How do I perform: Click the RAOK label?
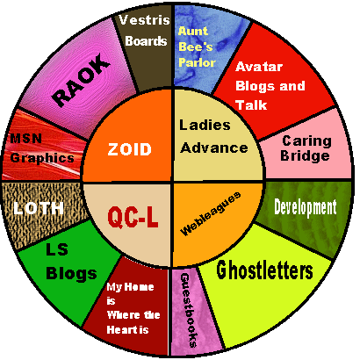pos(81,80)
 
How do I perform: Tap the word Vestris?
pos(144,20)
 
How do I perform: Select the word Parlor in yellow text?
pos(197,62)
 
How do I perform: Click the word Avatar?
pos(259,67)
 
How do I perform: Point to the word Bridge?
pos(305,155)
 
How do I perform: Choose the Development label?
pos(306,208)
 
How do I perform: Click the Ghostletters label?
pos(264,270)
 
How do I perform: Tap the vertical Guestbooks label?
pos(189,310)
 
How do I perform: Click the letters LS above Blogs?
pos(57,249)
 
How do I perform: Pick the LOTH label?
pos(39,208)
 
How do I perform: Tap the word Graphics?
pos(42,158)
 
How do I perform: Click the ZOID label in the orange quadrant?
pos(129,149)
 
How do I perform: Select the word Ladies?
pos(205,125)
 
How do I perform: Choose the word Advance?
pos(214,148)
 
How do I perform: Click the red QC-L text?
pos(133,217)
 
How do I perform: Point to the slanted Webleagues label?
pos(211,213)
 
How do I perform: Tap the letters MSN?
pos(26,139)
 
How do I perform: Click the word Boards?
pos(146,41)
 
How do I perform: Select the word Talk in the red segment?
pos(251,105)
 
